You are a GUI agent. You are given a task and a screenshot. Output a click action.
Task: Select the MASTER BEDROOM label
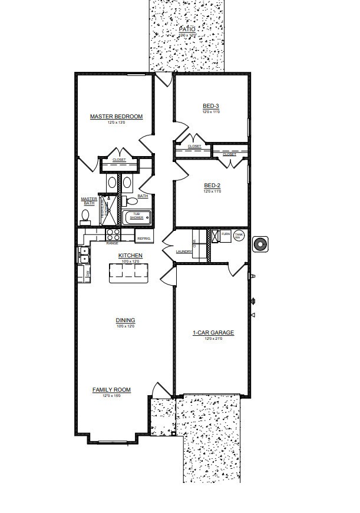click(116, 117)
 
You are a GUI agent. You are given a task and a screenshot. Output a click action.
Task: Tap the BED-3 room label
click(211, 106)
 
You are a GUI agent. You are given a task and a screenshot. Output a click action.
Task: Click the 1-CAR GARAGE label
click(213, 333)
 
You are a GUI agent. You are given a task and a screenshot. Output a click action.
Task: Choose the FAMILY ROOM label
click(111, 389)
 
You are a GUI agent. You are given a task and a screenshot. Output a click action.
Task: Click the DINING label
click(125, 320)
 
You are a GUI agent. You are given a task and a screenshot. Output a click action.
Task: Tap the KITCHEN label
click(130, 256)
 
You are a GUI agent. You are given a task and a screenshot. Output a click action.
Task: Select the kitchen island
click(126, 273)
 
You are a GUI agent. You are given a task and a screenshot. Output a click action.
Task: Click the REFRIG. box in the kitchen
click(144, 238)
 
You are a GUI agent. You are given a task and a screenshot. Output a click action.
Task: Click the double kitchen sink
click(83, 255)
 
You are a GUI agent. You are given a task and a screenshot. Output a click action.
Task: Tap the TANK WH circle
click(239, 236)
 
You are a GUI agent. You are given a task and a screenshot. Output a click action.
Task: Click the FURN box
click(225, 234)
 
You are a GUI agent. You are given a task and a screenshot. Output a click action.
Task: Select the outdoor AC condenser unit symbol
click(259, 244)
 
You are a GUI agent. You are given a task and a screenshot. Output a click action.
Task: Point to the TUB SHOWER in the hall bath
click(137, 217)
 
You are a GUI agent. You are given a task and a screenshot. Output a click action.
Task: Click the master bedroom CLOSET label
click(119, 160)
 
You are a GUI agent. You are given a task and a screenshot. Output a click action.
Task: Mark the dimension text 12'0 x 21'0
click(213, 339)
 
